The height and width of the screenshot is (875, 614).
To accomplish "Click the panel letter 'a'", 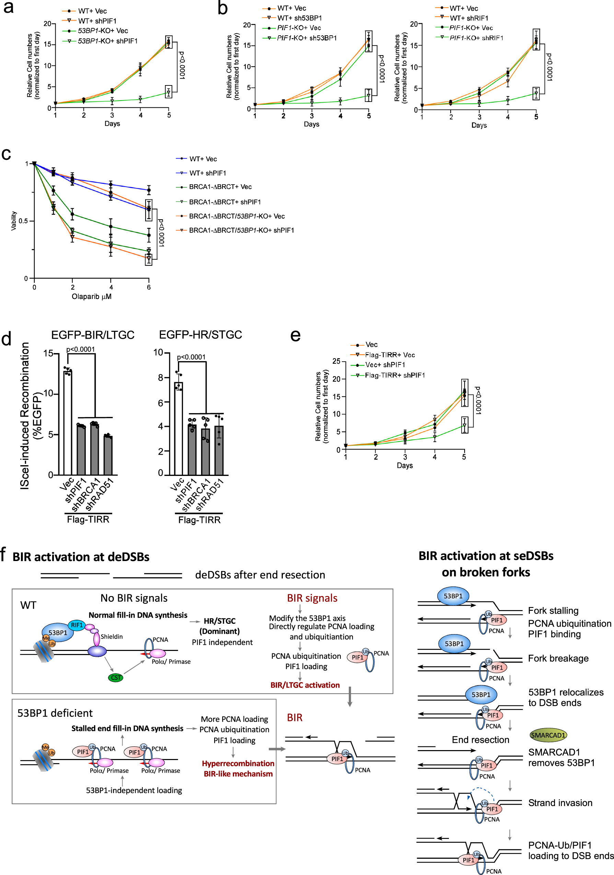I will [8, 8].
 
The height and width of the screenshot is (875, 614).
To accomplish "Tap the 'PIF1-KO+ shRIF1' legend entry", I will [476, 38].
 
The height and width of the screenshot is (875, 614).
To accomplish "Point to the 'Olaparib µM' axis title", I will [92, 296].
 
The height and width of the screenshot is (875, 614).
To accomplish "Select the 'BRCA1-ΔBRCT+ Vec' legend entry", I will [220, 187].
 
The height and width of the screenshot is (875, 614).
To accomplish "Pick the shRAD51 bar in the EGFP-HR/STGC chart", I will [219, 450].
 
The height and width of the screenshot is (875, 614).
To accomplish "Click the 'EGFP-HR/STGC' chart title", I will [200, 335].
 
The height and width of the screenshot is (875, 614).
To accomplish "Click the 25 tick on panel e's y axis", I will [336, 361].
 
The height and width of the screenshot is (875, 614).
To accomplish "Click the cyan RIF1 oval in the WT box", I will [77, 625].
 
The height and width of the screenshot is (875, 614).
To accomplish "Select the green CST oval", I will [115, 678].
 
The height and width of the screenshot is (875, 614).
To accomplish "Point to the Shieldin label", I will [111, 637].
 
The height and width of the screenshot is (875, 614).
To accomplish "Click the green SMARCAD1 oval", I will [548, 735].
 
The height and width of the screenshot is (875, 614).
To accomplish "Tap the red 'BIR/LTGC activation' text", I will [305, 685].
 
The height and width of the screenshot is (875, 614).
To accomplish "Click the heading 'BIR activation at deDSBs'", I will [81, 557].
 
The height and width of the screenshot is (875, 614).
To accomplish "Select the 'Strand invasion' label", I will [560, 803].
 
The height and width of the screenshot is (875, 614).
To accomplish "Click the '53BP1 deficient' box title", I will [55, 713].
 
